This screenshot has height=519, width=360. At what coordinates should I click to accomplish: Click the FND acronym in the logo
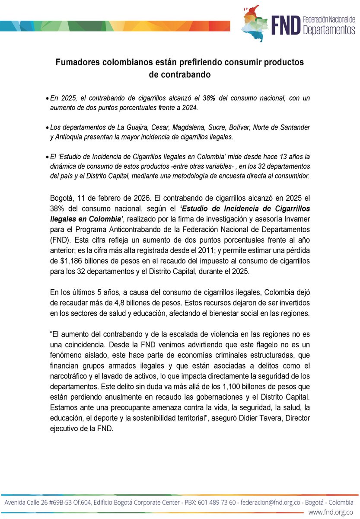coord(285,25)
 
